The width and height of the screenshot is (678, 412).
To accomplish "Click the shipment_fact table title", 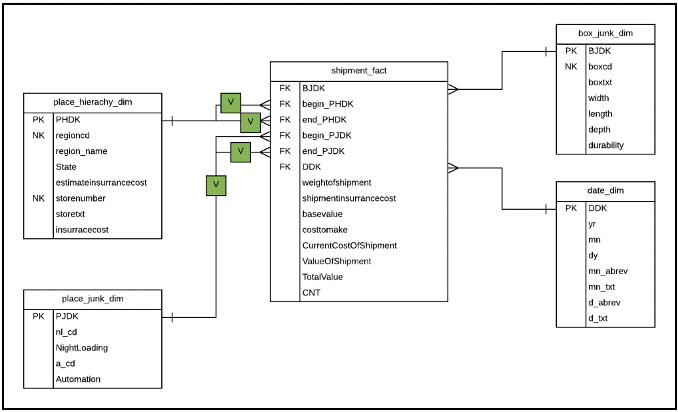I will click(359, 71).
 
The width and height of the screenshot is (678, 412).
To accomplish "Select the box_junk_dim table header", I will click(605, 33).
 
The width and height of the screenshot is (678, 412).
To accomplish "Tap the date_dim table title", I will click(605, 191).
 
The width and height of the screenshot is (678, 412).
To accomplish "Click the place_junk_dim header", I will click(93, 299).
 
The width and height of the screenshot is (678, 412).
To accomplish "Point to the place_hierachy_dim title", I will click(93, 102).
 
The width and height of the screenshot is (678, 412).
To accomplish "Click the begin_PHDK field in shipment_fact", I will click(328, 104).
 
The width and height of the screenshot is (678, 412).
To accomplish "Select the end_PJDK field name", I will click(323, 151).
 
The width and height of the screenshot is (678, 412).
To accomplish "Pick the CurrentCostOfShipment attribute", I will click(349, 245).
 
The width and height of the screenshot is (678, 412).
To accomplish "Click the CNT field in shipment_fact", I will click(311, 293).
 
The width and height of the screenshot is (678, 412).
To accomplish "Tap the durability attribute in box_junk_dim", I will click(606, 145).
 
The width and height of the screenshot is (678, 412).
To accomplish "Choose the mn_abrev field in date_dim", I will click(608, 271).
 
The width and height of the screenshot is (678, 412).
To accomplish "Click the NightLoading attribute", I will click(82, 348).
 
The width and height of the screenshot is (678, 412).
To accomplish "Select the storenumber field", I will click(80, 198).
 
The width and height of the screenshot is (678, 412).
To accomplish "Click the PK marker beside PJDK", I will click(39, 316).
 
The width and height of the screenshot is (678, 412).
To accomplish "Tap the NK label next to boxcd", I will click(571, 67).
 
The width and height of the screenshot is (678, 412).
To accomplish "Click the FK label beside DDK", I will click(285, 167).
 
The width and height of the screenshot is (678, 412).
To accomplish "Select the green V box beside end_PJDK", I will click(240, 152).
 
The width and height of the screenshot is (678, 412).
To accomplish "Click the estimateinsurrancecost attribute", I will click(101, 183).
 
